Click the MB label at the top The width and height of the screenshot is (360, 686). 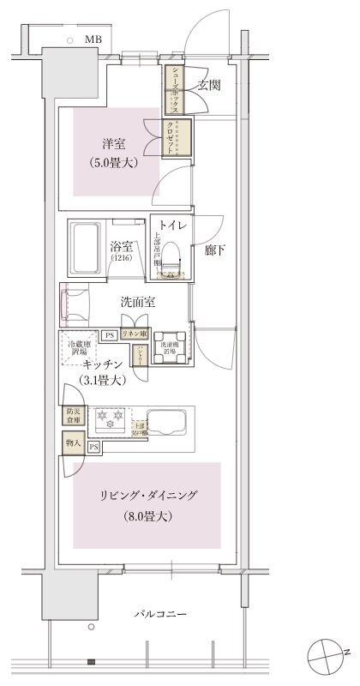click(x=92, y=39)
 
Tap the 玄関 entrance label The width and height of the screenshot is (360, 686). click(x=210, y=85)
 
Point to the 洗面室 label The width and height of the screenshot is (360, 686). click(x=136, y=302)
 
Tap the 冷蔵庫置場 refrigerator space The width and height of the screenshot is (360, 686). click(x=81, y=350)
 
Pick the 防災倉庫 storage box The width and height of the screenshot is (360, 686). click(x=72, y=416)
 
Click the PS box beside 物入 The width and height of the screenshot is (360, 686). click(x=93, y=447)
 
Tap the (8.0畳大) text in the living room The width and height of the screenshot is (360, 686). click(x=147, y=516)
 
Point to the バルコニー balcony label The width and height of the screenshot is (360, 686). click(x=161, y=615)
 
